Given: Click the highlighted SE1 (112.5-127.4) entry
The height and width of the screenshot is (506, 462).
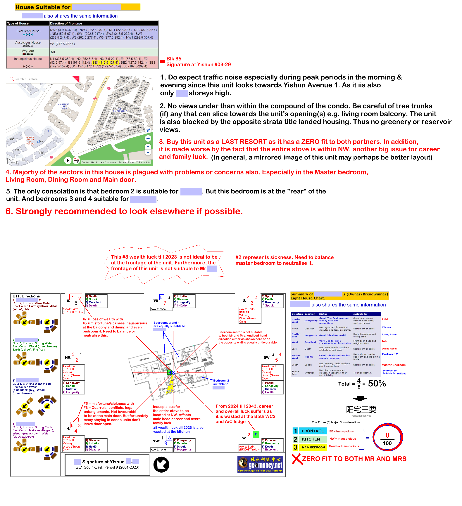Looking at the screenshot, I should (105, 63).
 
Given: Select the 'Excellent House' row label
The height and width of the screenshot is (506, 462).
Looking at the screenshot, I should (28, 31).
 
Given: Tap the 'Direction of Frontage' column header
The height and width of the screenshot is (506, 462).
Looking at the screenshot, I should (66, 23).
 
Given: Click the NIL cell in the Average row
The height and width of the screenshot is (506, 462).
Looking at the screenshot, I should (53, 52).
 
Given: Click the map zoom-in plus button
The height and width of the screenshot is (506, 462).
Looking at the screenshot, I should (148, 147).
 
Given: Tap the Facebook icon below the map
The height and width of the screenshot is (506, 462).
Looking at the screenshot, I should (68, 160).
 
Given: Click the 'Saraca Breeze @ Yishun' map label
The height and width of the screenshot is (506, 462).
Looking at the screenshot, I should (30, 141).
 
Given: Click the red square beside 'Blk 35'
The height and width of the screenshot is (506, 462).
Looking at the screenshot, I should (163, 61).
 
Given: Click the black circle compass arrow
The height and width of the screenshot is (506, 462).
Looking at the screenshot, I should (161, 465).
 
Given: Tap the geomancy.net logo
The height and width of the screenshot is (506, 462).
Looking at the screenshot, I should (260, 465).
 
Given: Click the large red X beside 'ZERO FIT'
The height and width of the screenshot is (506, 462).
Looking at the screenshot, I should (296, 459).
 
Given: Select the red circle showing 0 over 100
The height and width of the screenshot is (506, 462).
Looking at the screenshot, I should (387, 438).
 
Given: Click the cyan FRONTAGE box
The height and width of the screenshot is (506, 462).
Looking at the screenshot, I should (313, 431).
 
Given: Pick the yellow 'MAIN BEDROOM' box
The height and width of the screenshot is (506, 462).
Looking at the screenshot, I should (313, 447).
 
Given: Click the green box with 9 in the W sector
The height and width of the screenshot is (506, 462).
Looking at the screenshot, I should (256, 434).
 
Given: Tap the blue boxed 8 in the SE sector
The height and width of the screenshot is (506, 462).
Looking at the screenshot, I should (161, 297).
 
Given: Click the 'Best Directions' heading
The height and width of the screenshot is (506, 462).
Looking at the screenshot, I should (26, 296).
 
